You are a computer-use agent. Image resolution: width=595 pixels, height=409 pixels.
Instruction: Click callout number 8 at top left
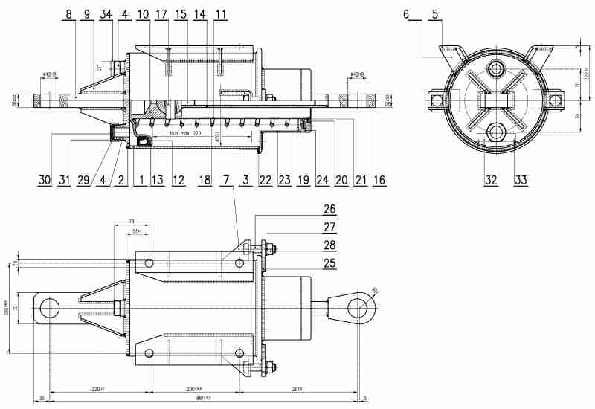(x=68, y=14)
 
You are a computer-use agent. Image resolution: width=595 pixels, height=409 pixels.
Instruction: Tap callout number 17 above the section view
(x=161, y=14)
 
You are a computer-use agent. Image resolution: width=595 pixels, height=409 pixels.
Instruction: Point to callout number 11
(x=220, y=14)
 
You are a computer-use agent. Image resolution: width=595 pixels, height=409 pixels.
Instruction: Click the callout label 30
(x=44, y=180)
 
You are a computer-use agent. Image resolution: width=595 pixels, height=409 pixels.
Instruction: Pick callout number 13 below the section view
(x=157, y=180)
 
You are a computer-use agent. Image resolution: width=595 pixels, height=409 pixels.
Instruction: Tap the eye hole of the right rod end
(x=358, y=307)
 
